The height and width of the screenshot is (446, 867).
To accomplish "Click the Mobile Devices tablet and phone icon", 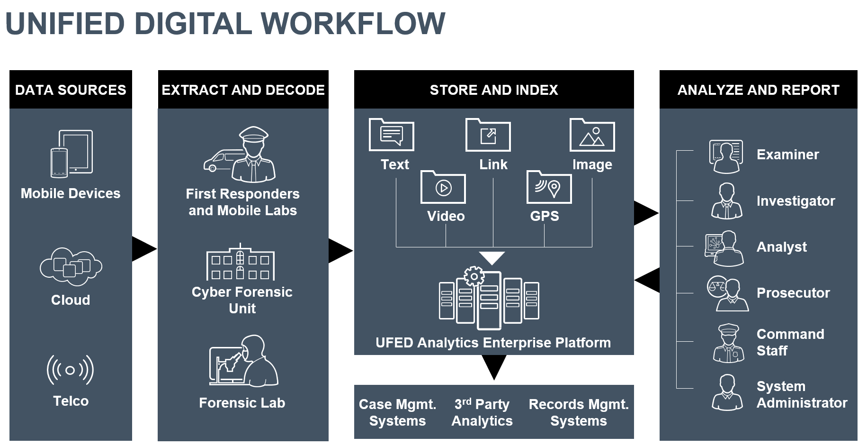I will pyautogui.click(x=72, y=154).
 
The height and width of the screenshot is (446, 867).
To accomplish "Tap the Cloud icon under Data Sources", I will pyautogui.click(x=71, y=266).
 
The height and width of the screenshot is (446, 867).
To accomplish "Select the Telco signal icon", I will pyautogui.click(x=70, y=370).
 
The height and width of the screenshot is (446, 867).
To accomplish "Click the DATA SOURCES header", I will pyautogui.click(x=71, y=90).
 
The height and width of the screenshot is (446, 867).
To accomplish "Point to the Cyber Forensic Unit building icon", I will pyautogui.click(x=241, y=263).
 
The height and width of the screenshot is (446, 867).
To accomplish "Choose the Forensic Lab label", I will pyautogui.click(x=242, y=403).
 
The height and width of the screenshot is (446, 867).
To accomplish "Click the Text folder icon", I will pyautogui.click(x=391, y=135).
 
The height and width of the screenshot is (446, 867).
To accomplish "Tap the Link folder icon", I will pyautogui.click(x=488, y=135).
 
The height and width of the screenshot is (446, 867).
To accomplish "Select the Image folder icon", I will pyautogui.click(x=592, y=135).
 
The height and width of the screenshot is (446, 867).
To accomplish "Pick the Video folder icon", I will pyautogui.click(x=443, y=187).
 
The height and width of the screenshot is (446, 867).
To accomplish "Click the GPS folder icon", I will pyautogui.click(x=549, y=187).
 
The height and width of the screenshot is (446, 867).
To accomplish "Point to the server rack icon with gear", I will pyautogui.click(x=489, y=299).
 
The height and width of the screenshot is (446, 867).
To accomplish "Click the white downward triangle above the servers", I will pyautogui.click(x=492, y=257).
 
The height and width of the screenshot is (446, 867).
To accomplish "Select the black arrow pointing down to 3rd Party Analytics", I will pyautogui.click(x=494, y=366).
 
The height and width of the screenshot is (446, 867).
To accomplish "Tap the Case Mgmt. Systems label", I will pyautogui.click(x=397, y=412).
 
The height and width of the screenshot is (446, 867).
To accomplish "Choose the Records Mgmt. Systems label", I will pyautogui.click(x=579, y=412).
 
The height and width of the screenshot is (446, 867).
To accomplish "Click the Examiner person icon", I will pyautogui.click(x=726, y=156).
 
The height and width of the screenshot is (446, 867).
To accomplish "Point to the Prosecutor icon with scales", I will pyautogui.click(x=727, y=294).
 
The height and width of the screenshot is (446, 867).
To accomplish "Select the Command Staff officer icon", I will pyautogui.click(x=728, y=344).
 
